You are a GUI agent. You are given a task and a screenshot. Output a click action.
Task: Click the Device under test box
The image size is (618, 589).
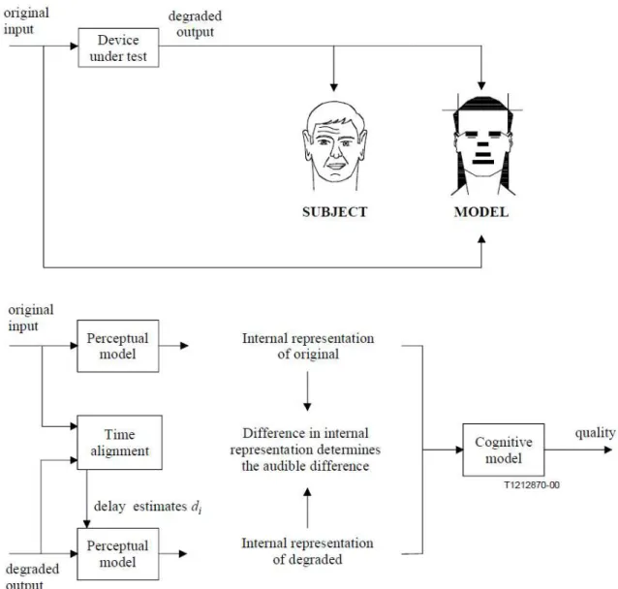point(118,47)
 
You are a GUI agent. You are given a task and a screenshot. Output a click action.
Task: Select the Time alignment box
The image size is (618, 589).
point(119,443)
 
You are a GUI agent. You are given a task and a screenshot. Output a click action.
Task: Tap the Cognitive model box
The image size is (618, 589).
point(504,449)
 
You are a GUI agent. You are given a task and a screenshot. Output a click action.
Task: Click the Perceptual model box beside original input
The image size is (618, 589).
point(118,346)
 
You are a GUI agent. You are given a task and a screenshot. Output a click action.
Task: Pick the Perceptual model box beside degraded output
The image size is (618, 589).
point(118,554)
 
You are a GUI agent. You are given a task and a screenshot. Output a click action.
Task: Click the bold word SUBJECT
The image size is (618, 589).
point(334,212)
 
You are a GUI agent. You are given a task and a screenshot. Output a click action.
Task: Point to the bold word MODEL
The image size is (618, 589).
point(481,212)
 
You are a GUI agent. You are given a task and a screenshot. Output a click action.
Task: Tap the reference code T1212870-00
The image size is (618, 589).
point(532,485)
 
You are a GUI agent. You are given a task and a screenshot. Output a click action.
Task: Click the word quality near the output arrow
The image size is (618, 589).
point(595,433)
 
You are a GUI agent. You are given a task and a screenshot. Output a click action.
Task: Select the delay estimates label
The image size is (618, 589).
point(147,507)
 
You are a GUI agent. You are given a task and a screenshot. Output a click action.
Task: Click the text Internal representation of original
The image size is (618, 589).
point(308,346)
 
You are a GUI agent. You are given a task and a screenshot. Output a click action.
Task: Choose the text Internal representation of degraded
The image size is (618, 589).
point(307,551)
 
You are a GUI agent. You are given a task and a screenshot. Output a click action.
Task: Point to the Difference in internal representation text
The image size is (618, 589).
point(305,449)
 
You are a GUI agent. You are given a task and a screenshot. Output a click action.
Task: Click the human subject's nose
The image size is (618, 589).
point(336,152)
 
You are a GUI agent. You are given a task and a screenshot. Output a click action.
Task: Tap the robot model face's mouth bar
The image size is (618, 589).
point(482,162)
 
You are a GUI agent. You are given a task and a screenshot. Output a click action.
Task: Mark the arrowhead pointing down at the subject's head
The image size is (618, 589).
point(334,87)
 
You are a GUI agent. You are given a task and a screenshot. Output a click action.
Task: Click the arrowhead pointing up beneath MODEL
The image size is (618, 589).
point(481,239)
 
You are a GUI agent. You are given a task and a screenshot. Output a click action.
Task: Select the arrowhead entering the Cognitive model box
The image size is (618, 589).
point(459,449)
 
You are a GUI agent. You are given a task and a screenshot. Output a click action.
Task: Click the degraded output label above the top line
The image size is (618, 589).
point(195,24)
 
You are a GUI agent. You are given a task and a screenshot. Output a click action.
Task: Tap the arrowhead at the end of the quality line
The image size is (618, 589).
point(608,449)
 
